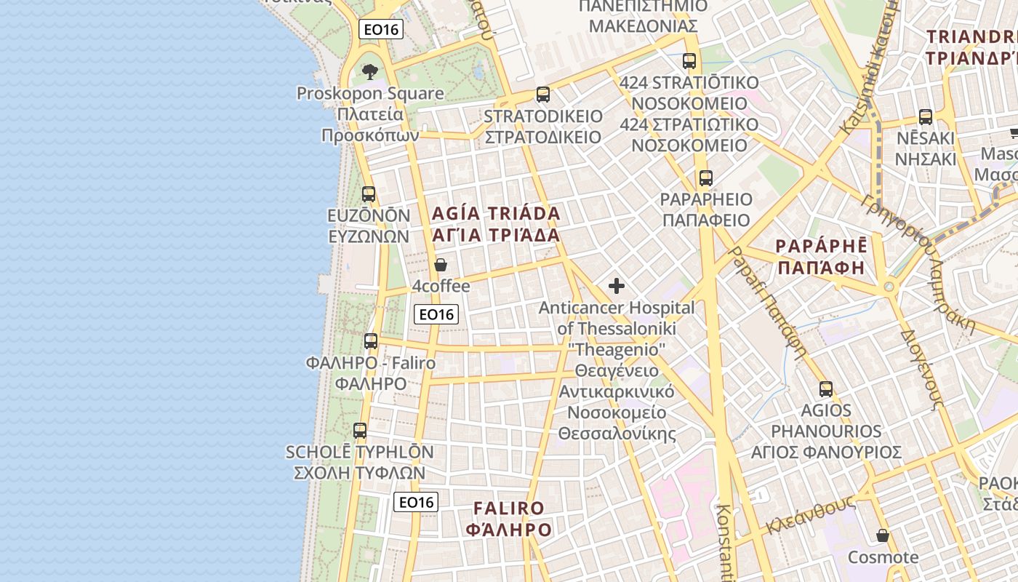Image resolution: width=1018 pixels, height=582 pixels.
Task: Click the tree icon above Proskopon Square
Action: (x=370, y=71)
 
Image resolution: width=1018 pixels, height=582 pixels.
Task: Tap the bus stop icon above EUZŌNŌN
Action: (x=369, y=194)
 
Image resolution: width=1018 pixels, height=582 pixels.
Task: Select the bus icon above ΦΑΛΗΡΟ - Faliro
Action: (x=371, y=340)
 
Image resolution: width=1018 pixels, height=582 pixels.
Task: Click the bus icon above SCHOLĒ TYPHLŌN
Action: (x=360, y=431)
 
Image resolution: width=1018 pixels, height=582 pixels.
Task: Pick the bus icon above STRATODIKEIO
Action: (x=543, y=95)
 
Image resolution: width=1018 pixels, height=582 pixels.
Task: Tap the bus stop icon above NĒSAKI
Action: (x=926, y=116)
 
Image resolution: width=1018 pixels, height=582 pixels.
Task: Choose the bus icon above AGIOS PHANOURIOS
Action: (x=826, y=389)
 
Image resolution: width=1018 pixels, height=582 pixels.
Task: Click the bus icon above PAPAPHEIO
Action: (x=705, y=178)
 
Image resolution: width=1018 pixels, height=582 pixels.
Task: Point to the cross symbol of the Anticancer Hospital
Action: (x=617, y=286)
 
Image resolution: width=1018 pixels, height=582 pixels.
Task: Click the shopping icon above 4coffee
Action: (x=441, y=265)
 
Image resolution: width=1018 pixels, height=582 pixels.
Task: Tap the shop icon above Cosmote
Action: (x=883, y=536)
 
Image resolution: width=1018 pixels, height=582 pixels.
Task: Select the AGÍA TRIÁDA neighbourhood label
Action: (x=497, y=214)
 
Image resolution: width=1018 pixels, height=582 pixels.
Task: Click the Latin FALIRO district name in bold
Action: (x=508, y=508)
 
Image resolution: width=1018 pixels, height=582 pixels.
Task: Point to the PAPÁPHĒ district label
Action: (x=821, y=245)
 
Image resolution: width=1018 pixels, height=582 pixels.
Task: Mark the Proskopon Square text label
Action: (x=370, y=93)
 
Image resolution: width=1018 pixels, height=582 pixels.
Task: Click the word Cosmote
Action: (x=883, y=557)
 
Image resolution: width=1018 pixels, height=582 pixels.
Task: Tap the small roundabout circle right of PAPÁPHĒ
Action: (x=889, y=287)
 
